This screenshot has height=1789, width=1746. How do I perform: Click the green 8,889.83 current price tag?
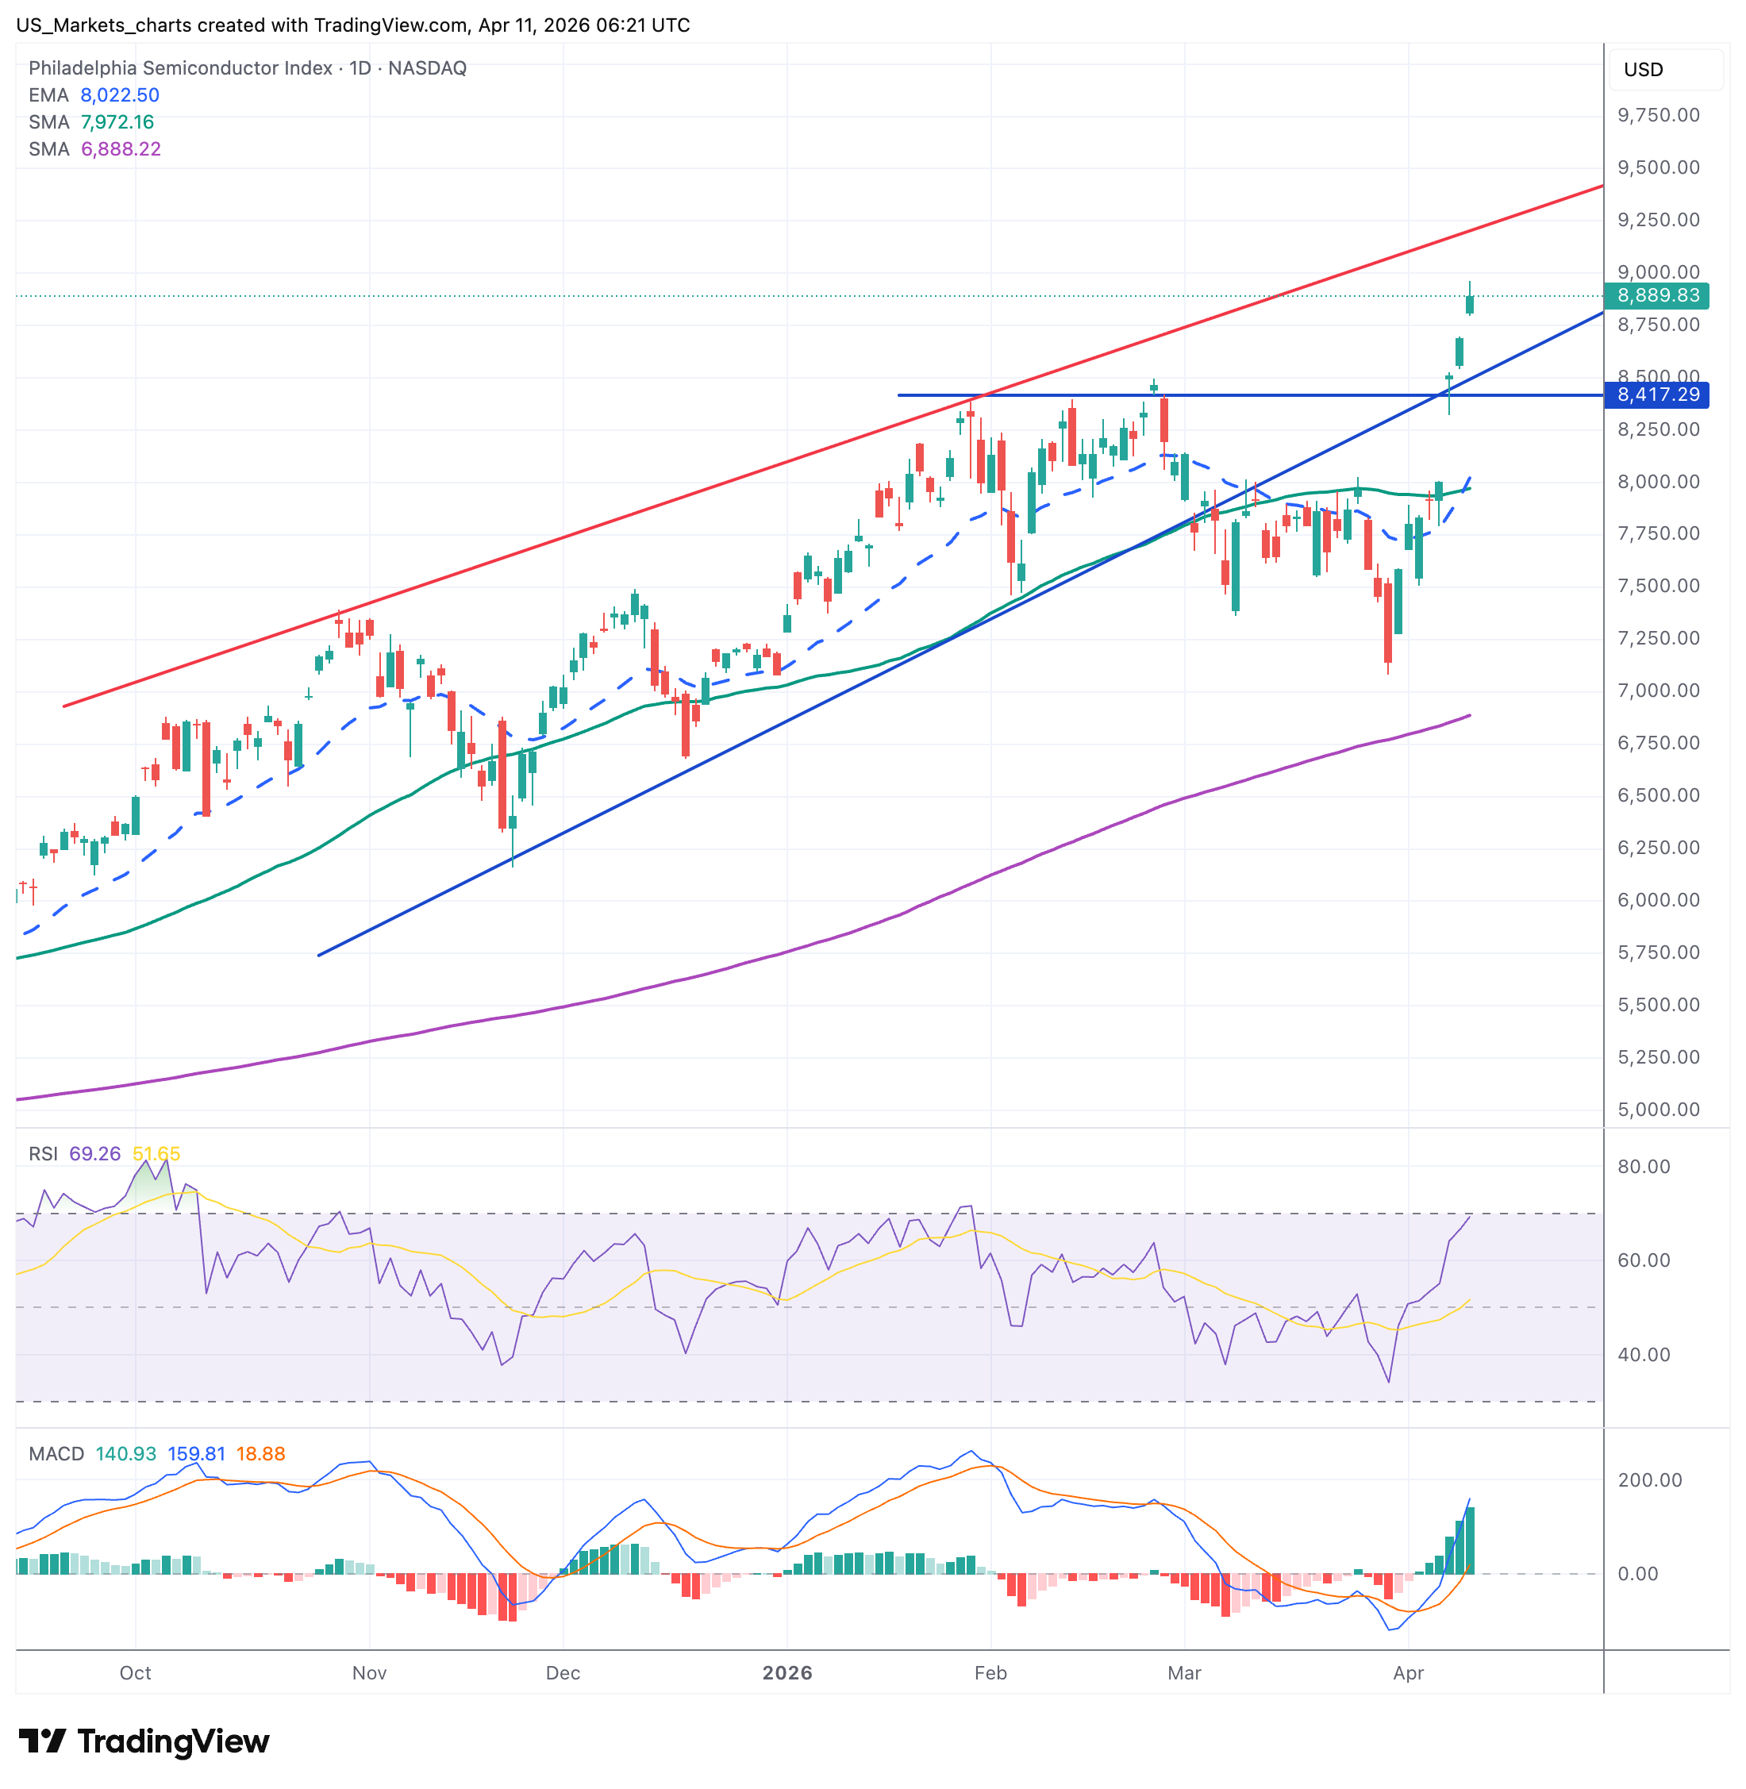(x=1657, y=295)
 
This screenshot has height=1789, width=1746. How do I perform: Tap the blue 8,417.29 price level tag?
(x=1657, y=395)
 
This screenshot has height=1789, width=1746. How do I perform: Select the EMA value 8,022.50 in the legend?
(x=119, y=95)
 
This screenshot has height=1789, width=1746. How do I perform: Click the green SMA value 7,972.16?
(x=117, y=122)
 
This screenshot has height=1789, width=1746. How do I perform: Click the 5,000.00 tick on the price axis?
(x=1658, y=1110)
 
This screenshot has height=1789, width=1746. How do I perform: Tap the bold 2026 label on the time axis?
(x=786, y=1673)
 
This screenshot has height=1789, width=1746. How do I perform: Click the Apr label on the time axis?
(x=1408, y=1673)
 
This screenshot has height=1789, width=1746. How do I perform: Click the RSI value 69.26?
(x=94, y=1153)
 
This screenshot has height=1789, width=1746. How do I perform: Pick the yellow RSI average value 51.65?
(x=156, y=1153)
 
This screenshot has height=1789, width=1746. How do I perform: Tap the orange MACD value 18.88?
(x=260, y=1454)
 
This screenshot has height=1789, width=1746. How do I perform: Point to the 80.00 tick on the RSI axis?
(x=1644, y=1168)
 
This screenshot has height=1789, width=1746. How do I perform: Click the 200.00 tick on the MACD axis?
(x=1649, y=1480)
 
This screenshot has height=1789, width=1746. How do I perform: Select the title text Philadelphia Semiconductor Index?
(x=181, y=67)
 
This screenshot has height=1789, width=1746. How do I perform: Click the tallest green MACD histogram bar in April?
(x=1470, y=1541)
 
